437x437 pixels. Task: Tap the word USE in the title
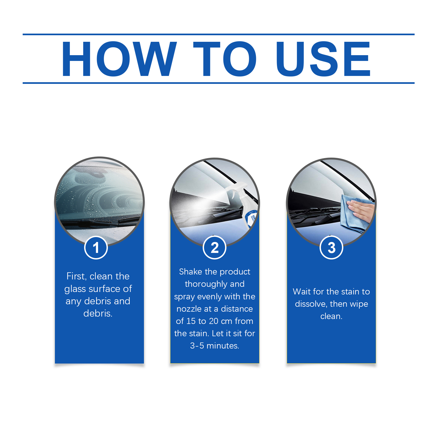[323, 59]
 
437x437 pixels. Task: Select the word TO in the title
[225, 59]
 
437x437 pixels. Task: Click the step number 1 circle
[96, 247]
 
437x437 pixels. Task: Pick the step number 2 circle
[215, 247]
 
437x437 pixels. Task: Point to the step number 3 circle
[331, 247]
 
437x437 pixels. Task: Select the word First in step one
[76, 276]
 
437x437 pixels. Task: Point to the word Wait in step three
[302, 291]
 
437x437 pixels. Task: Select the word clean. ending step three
[331, 316]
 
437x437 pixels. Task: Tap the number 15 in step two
[191, 321]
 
